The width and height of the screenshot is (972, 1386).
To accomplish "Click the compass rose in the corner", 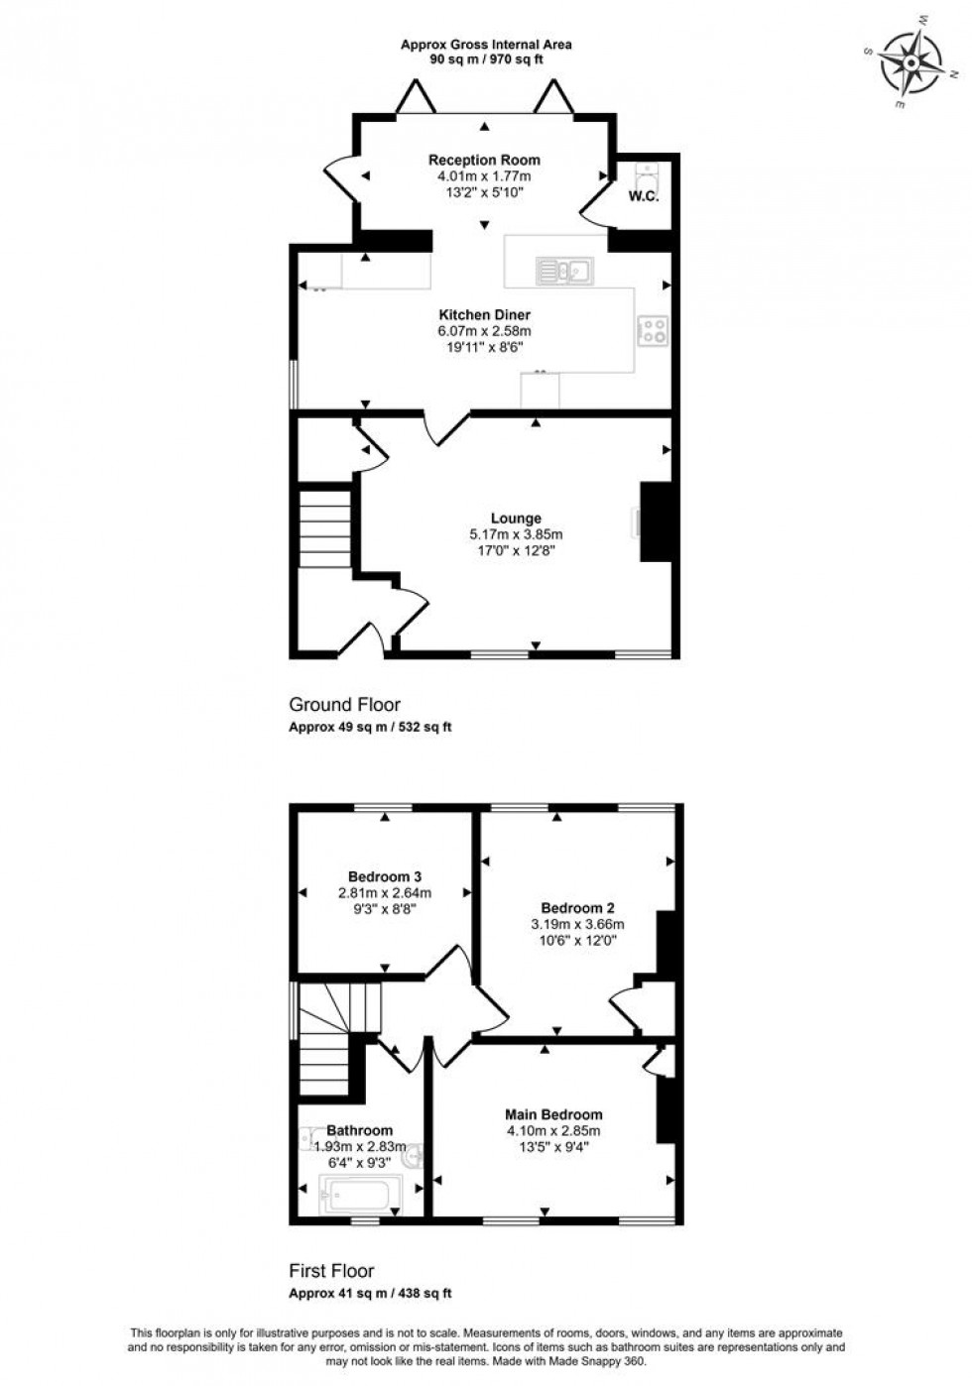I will (911, 60).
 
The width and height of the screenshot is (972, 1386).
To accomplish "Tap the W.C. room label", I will (643, 196).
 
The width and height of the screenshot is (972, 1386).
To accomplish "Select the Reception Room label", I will (484, 160).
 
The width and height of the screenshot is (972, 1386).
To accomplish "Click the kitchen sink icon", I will (563, 270).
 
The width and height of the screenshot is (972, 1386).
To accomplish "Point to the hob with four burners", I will (653, 330).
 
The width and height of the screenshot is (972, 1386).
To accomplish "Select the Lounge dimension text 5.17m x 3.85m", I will (516, 534).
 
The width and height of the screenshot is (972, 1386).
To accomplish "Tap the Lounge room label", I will (516, 519).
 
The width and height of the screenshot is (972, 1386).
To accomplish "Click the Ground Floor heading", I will (344, 705).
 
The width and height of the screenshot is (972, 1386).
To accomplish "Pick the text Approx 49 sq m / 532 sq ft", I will (370, 727).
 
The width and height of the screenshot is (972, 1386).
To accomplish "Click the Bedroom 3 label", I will (385, 876).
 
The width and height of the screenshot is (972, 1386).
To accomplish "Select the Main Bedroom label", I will (552, 1114).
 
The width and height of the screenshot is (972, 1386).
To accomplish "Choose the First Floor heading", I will (331, 1271).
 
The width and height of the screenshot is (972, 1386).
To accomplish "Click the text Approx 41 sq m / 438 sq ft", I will (370, 1293).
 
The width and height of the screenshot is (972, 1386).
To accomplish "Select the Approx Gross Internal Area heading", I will (486, 45).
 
